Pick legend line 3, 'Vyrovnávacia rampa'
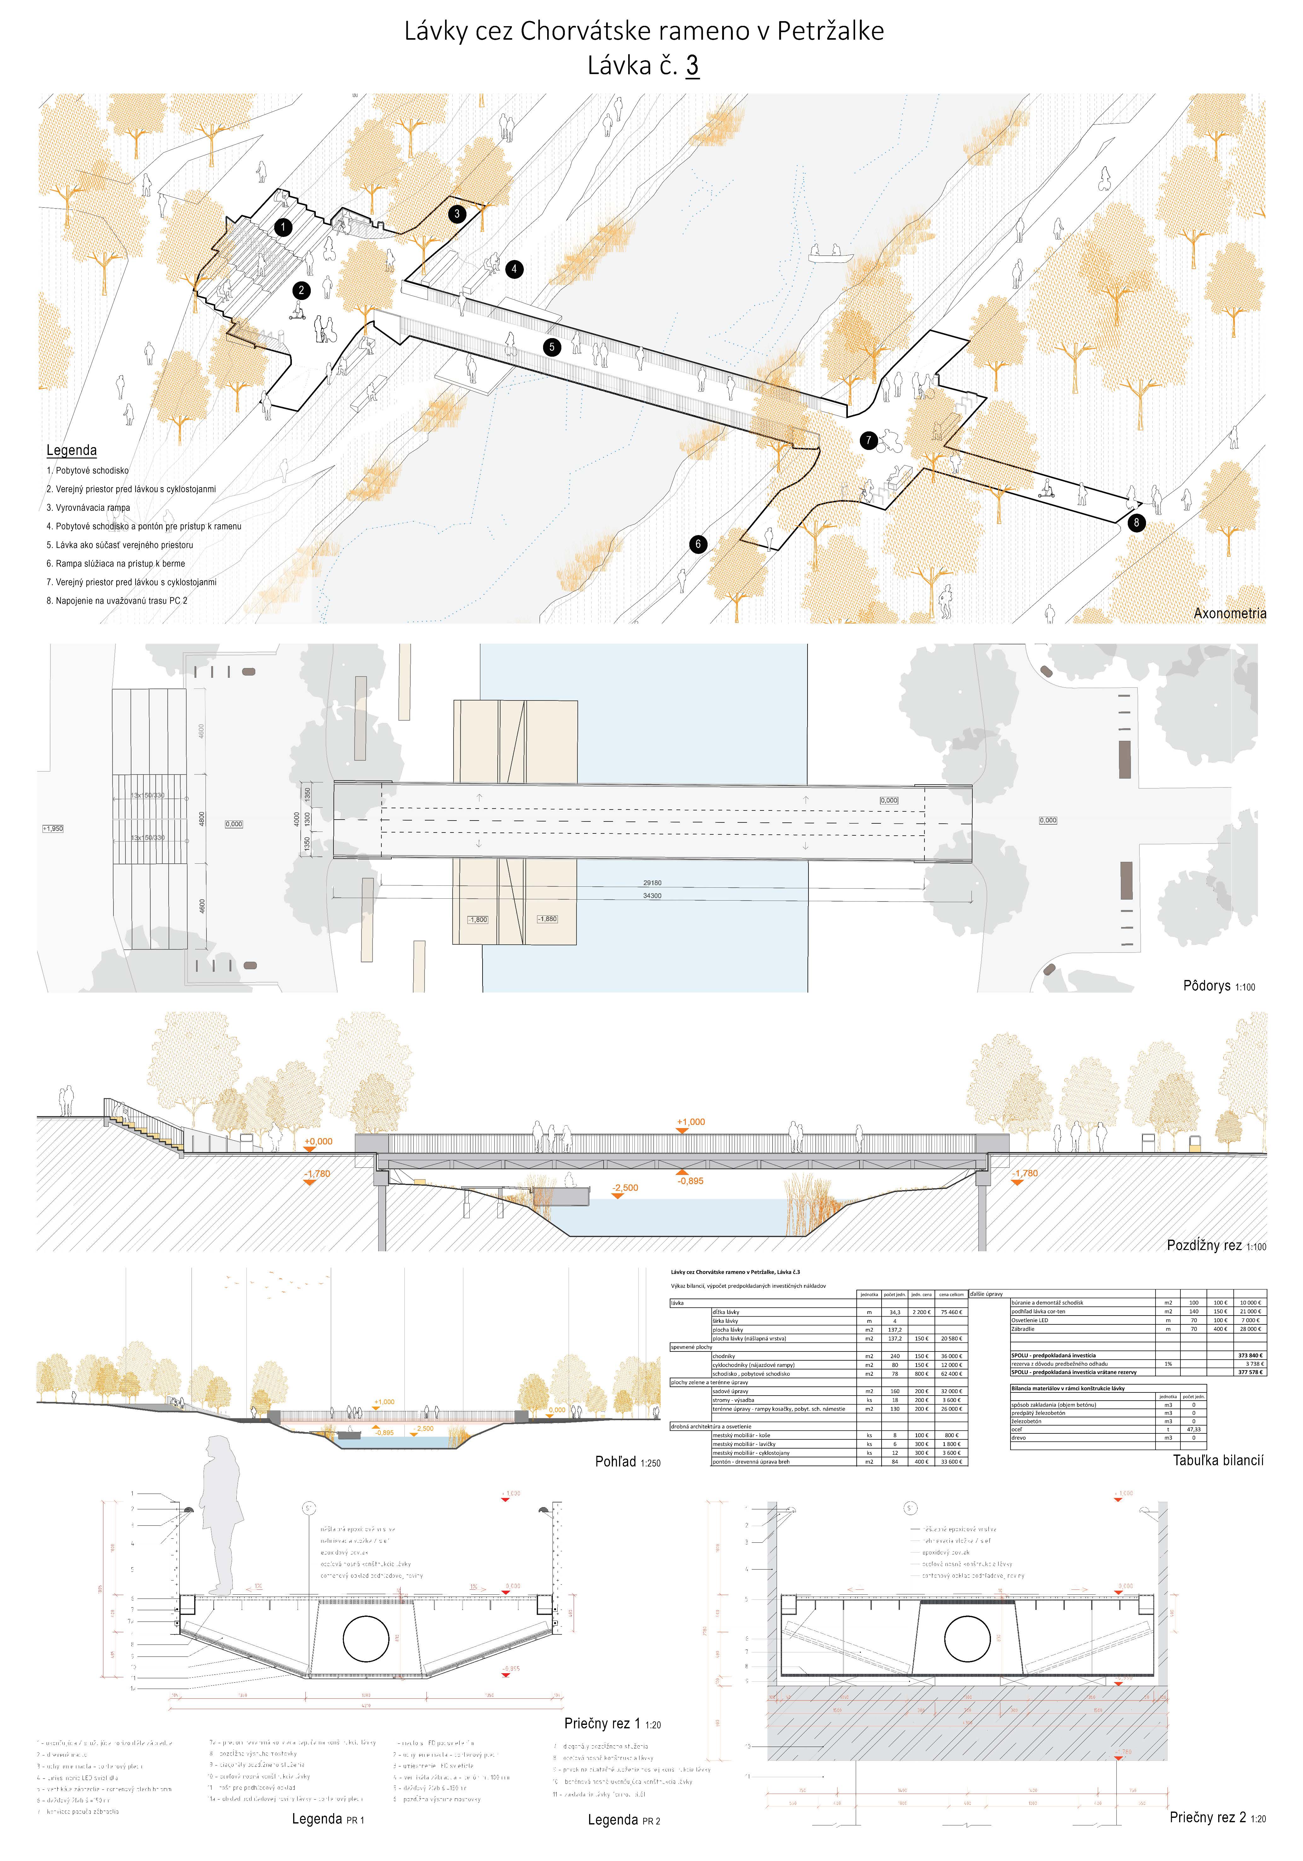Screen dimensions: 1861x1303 (x=88, y=507)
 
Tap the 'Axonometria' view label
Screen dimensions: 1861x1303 (x=1229, y=614)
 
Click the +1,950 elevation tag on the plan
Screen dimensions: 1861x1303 (x=53, y=828)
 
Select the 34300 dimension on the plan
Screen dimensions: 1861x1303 (x=652, y=896)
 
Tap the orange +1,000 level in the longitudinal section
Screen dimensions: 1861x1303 (x=691, y=1122)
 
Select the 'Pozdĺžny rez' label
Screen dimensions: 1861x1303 (x=1203, y=1245)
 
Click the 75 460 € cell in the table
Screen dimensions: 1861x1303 (x=950, y=1311)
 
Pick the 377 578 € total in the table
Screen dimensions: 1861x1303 (x=1249, y=1372)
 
